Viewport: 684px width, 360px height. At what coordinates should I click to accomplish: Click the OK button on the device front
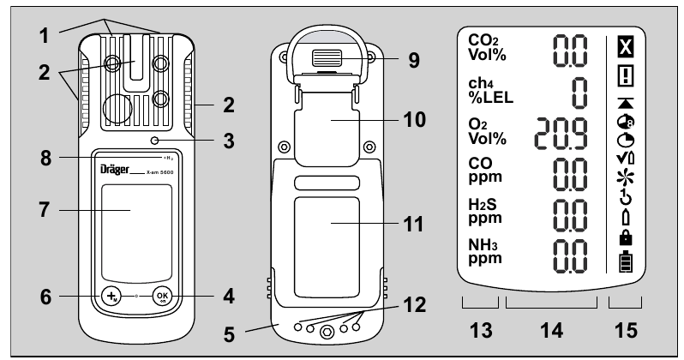click(162, 297)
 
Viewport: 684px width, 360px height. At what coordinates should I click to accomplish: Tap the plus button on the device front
click(111, 297)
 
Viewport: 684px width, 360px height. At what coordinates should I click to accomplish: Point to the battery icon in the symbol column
click(624, 264)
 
